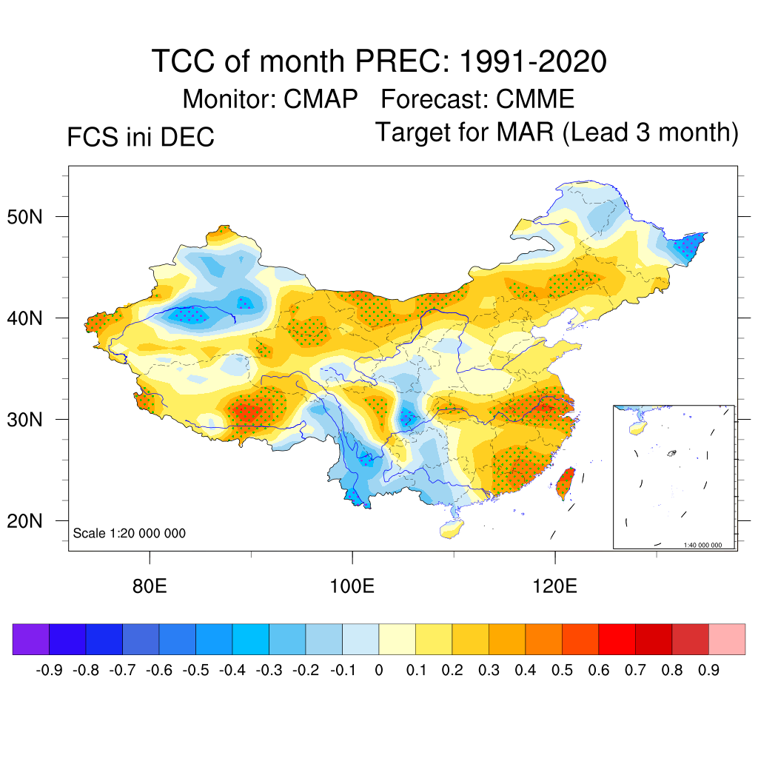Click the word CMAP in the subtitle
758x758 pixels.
pos(321,98)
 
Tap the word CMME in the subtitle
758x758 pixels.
pos(535,98)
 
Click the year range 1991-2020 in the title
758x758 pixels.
pos(533,61)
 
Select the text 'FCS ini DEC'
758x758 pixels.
pos(141,138)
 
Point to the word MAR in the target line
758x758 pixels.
pos(526,133)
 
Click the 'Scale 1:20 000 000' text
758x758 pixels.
pos(130,534)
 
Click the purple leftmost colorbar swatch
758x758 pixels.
pos(31,639)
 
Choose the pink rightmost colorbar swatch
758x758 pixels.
pos(727,639)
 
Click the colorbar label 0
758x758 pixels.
pos(379,671)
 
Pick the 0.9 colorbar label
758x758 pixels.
pos(709,671)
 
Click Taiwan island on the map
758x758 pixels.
pos(566,483)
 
